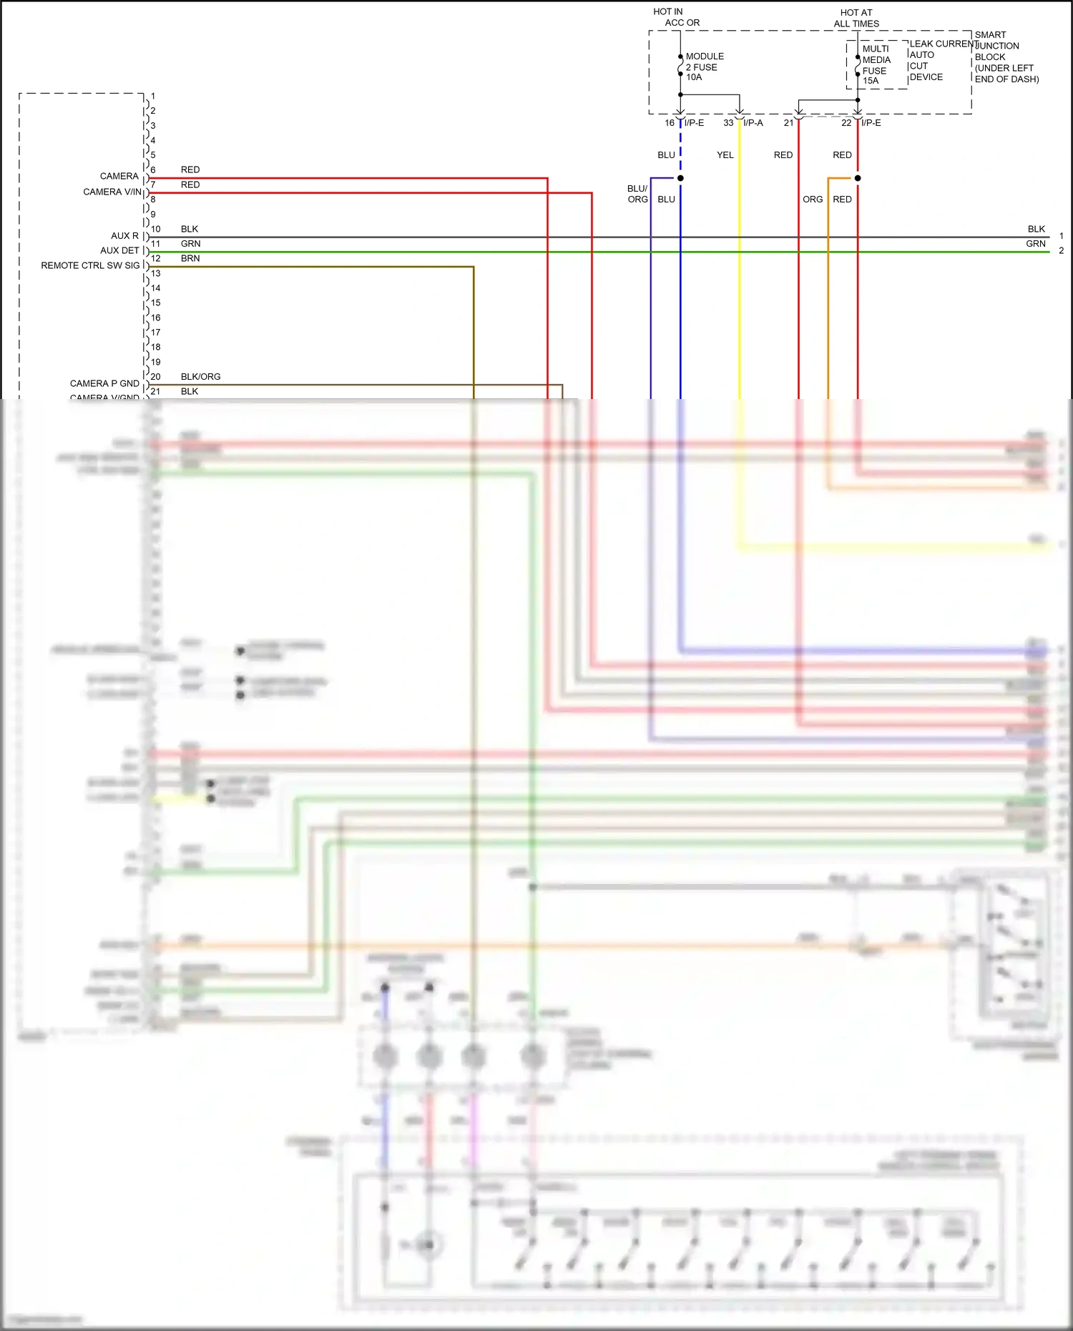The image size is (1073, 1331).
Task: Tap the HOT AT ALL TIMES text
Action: (856, 18)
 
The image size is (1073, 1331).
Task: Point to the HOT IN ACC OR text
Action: (675, 17)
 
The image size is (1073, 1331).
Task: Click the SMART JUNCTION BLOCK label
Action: (1005, 57)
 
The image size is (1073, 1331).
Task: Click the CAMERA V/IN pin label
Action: (112, 192)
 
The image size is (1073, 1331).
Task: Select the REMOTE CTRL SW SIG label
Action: (90, 265)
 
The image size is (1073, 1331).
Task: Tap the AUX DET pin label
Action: (119, 250)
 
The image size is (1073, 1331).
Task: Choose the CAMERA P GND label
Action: (104, 383)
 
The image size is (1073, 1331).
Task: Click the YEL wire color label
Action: (725, 155)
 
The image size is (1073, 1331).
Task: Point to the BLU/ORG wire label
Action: (637, 194)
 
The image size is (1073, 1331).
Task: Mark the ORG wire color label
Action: (812, 200)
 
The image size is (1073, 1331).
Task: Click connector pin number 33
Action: (728, 123)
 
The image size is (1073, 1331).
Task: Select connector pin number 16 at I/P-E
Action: (670, 123)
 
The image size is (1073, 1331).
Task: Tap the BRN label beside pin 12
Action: (190, 258)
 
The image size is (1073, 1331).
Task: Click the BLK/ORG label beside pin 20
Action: (200, 377)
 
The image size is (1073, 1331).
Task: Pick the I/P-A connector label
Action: (753, 123)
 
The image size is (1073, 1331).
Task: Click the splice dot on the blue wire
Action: (680, 178)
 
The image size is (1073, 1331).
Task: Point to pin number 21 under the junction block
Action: (788, 123)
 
